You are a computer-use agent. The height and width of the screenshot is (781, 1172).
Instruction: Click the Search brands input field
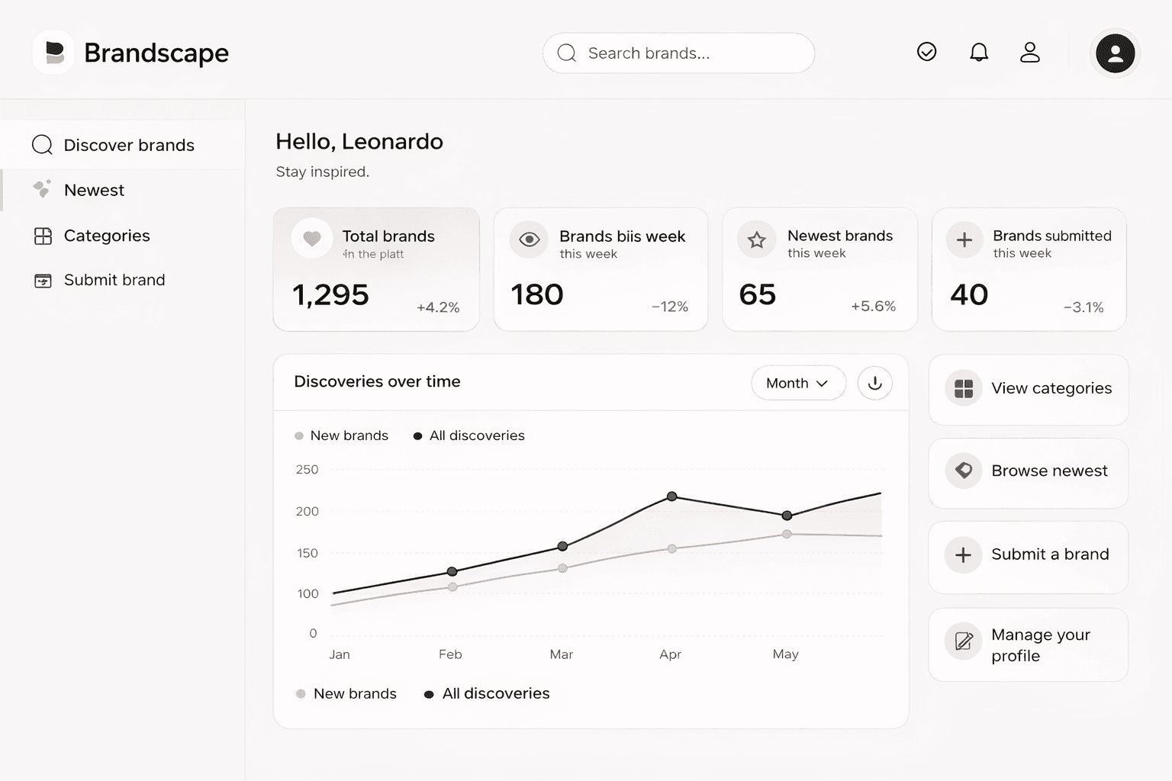678,53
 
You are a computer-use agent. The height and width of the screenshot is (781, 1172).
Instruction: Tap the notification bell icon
979,52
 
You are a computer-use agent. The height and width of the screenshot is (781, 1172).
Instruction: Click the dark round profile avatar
1115,53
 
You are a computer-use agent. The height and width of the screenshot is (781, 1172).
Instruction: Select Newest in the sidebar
94,190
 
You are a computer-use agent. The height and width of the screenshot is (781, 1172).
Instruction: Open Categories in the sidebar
107,236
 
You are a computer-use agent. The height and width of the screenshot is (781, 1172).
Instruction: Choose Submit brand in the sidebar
114,280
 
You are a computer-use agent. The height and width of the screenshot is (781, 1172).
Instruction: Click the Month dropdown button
797,383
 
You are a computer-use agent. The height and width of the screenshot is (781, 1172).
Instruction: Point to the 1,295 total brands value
330,295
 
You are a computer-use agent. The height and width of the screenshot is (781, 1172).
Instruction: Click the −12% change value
669,307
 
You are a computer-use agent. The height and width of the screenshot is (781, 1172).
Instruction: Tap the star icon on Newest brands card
756,240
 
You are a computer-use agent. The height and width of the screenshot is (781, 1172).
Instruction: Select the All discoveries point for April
671,497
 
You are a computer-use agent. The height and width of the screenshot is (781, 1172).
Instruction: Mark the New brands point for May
787,534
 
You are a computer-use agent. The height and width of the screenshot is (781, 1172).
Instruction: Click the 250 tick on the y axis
307,470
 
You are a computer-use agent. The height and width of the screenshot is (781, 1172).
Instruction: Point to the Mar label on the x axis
561,654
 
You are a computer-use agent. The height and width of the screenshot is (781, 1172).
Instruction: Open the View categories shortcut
1028,389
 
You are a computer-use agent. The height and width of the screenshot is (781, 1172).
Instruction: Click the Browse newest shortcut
1028,471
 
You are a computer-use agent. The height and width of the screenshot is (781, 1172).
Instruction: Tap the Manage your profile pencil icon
964,641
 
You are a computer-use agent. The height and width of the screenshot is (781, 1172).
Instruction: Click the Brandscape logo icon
54,53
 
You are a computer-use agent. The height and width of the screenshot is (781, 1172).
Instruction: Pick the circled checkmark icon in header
926,52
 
